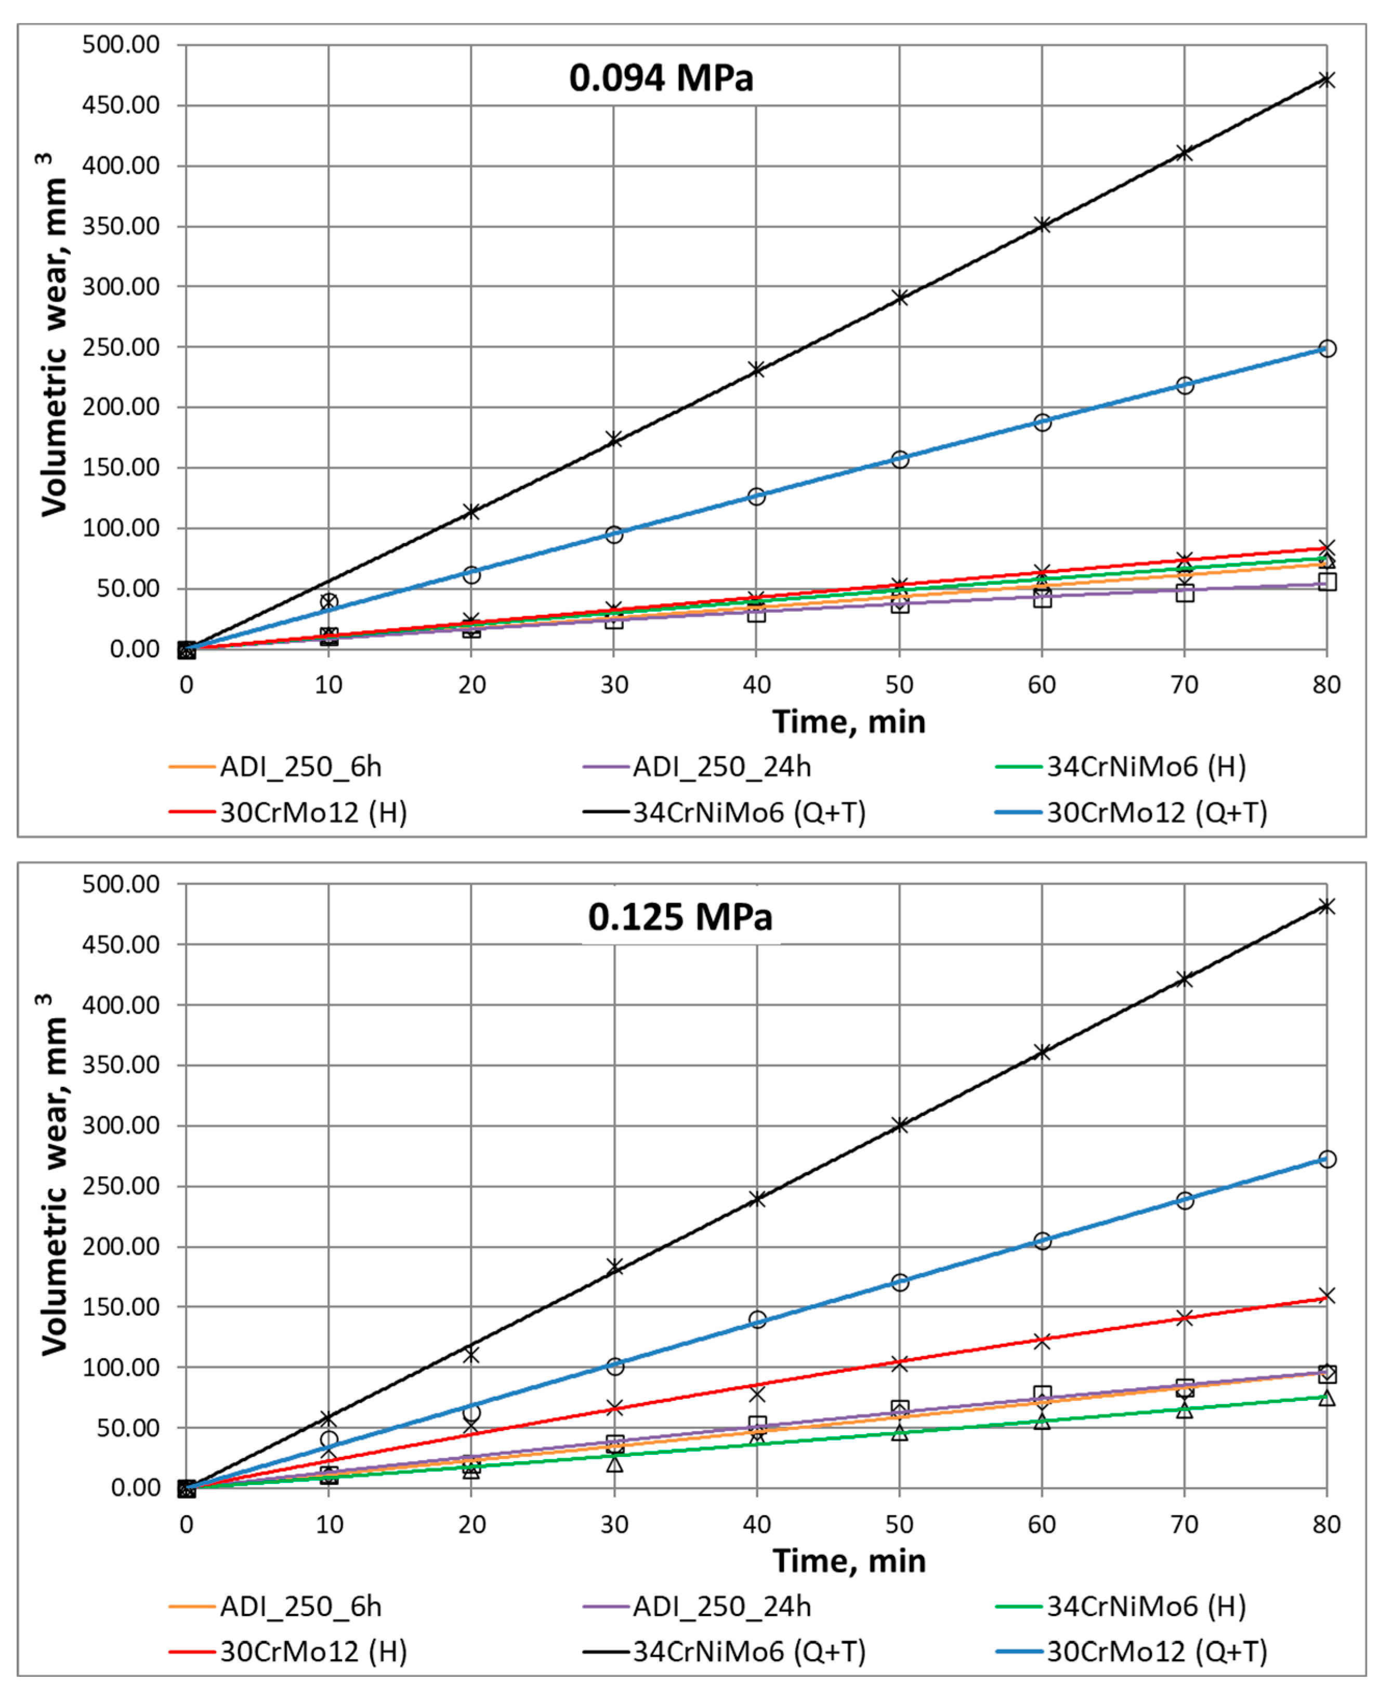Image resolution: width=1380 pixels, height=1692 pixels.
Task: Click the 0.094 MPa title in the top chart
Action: point(661,78)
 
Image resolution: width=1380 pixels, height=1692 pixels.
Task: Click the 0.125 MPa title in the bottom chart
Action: point(680,917)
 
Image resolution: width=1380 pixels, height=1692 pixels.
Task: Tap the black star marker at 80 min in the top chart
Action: point(1326,80)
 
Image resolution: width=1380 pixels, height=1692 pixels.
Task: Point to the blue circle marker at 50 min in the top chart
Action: point(899,459)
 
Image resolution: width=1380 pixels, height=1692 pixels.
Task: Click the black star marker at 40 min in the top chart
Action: point(756,370)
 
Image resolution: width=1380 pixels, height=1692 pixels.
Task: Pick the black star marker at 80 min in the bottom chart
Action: point(1326,907)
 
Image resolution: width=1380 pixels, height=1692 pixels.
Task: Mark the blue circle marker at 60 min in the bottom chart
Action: point(1042,1240)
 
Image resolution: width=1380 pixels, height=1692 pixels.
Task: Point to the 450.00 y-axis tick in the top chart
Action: point(121,105)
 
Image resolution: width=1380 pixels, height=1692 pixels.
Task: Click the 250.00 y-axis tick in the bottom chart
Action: point(121,1186)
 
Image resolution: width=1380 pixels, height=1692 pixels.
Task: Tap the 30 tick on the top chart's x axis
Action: point(614,685)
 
